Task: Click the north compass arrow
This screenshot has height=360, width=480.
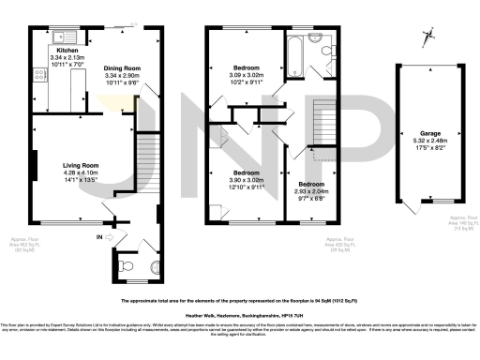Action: tap(429, 37)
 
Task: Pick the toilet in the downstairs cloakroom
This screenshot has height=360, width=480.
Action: tap(128, 266)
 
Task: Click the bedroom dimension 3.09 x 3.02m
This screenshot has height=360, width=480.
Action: tap(246, 75)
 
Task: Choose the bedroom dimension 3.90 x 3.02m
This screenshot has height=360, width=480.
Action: tap(246, 180)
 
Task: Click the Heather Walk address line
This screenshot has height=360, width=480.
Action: tap(240, 316)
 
